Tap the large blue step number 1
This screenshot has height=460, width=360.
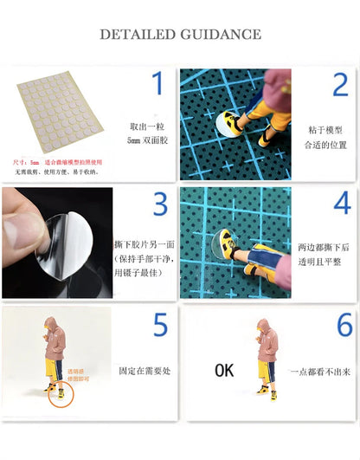pyautogui.click(x=157, y=85)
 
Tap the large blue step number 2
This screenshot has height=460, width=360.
pyautogui.click(x=339, y=85)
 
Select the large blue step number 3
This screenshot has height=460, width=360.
pyautogui.click(x=159, y=204)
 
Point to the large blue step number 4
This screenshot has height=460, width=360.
pyautogui.click(x=342, y=204)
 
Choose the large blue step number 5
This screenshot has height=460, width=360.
pyautogui.click(x=160, y=325)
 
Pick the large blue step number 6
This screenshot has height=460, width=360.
pyautogui.click(x=344, y=325)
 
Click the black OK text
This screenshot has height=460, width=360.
pyautogui.click(x=224, y=370)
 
